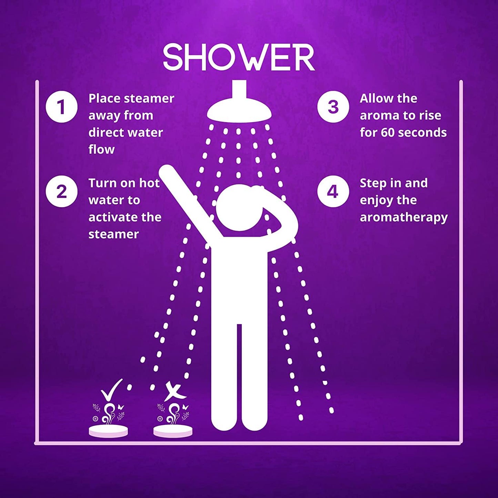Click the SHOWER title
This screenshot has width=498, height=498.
pos(239,57)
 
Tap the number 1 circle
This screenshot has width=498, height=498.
pos(61,107)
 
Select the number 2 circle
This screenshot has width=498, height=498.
pos(61,191)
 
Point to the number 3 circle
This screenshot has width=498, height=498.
pos(333,107)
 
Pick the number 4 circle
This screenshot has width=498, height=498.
pos(333,191)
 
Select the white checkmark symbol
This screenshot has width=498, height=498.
pos(112,390)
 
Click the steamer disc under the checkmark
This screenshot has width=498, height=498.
pos(108,431)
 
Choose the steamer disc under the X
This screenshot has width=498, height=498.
pos(173,431)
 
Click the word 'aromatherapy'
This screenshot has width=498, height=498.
pos(404,217)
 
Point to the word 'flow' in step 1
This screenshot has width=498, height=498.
pos(102,149)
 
